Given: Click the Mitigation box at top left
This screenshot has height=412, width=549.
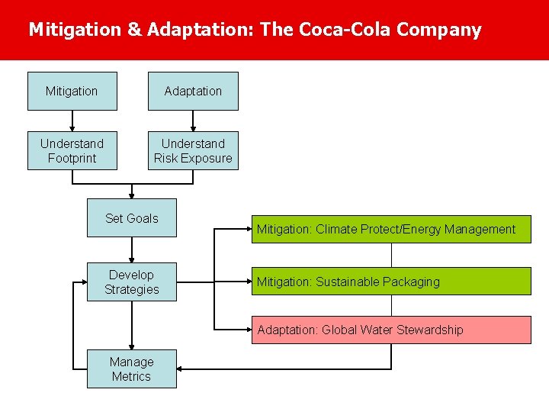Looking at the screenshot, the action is tap(72, 91).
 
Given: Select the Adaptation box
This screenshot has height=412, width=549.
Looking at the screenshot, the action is tap(193, 91).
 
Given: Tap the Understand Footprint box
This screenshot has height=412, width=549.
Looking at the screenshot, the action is tap(72, 150).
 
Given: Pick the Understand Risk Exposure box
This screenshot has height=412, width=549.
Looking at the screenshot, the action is tap(193, 150).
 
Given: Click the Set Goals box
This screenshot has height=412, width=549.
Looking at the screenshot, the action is tap(131, 218).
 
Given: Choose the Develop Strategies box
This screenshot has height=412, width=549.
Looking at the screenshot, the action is tap(131, 282).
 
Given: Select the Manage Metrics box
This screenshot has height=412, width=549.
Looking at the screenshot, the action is tap(131, 369).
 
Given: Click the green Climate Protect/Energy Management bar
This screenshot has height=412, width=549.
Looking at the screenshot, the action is tap(391, 229).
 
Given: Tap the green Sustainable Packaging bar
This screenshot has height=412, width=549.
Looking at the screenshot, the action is tap(391, 282).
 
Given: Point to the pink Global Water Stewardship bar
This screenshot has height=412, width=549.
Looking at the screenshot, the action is tap(391, 330).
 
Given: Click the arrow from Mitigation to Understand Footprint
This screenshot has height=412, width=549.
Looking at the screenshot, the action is tap(72, 121).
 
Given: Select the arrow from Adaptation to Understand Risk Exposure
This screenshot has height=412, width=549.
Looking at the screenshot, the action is tap(193, 121).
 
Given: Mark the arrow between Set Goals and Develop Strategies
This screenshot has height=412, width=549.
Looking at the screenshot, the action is tap(131, 250).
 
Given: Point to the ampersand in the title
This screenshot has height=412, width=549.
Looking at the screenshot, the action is tap(134, 30).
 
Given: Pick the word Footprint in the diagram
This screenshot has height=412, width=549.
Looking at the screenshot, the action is tap(72, 158).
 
